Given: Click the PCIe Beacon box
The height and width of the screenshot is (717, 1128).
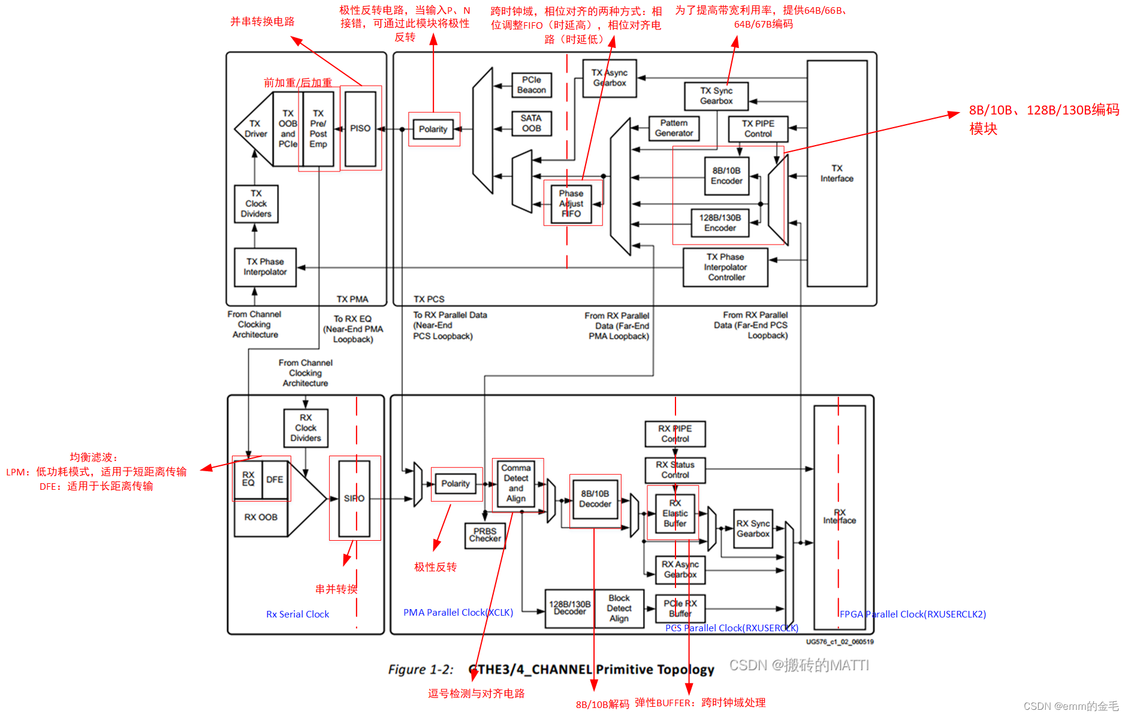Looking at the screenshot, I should click(x=531, y=85).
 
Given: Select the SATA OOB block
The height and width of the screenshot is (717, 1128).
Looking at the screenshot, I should click(x=531, y=123).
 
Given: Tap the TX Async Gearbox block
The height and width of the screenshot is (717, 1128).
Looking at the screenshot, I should click(x=609, y=78).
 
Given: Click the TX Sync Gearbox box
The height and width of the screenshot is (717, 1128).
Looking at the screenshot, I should click(x=716, y=96).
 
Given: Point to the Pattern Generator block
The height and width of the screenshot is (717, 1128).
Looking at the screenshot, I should click(x=674, y=128).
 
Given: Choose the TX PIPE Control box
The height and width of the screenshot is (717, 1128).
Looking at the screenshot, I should click(x=758, y=129).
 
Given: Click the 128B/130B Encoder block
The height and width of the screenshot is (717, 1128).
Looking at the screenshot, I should click(x=720, y=223).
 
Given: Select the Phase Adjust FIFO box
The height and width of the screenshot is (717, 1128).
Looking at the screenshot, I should click(x=571, y=204).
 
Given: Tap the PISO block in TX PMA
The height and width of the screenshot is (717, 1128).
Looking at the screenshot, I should click(x=360, y=128).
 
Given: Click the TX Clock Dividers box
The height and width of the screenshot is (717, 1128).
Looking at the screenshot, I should click(x=256, y=204).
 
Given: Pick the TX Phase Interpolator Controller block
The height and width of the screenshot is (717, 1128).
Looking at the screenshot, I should click(x=725, y=267).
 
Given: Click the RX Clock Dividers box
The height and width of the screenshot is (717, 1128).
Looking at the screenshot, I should click(x=306, y=428).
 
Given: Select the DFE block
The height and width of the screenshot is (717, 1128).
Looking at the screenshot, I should click(x=275, y=480).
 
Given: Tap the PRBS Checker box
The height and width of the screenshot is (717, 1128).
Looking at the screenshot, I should click(x=485, y=535).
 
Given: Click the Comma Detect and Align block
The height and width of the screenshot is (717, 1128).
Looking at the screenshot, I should click(x=516, y=483).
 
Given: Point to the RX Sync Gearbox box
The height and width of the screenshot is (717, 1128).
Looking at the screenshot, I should click(x=753, y=529).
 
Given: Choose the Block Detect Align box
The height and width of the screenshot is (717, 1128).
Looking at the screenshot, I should click(x=619, y=608).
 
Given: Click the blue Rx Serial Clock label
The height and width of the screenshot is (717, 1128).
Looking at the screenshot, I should click(x=297, y=614).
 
